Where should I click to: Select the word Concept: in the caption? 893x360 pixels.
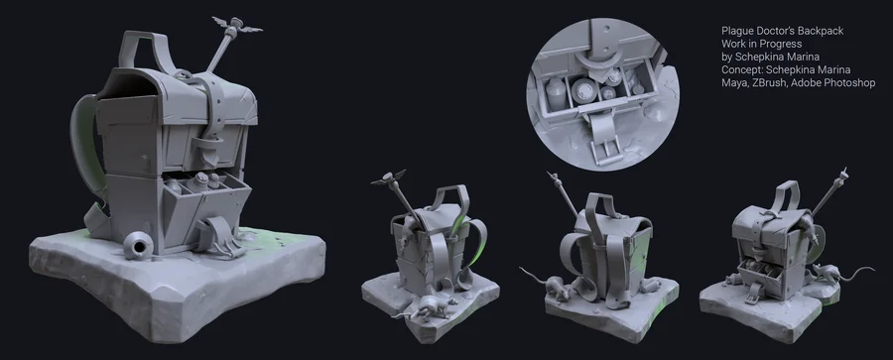741,70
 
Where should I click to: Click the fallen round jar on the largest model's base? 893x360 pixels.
138,246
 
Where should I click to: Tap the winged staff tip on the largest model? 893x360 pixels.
236,25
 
